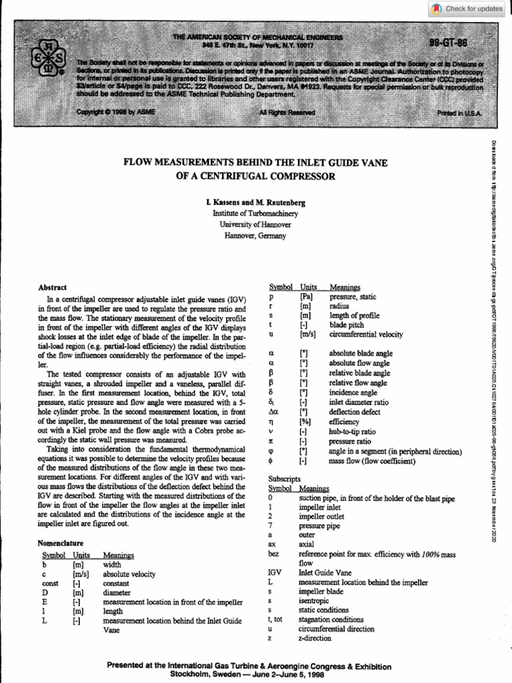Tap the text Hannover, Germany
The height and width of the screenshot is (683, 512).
click(x=255, y=235)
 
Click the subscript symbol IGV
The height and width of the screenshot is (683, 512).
click(x=274, y=572)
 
